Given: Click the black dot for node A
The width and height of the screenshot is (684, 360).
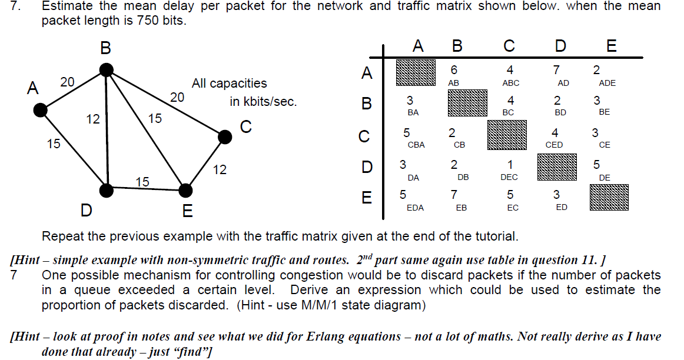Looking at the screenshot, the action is click(x=40, y=109).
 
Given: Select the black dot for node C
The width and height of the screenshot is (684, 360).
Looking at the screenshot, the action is click(x=224, y=136).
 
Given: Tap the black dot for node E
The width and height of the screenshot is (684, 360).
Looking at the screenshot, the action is click(x=185, y=190).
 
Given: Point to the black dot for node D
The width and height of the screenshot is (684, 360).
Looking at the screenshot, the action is click(x=107, y=189).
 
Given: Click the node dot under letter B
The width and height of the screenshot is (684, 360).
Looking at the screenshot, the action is click(x=106, y=70).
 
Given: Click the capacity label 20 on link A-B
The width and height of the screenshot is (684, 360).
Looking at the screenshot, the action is click(x=67, y=82).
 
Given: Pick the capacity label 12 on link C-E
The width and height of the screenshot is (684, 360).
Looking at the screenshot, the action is click(x=220, y=170).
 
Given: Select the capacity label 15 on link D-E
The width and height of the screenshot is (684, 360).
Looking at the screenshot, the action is click(x=142, y=182).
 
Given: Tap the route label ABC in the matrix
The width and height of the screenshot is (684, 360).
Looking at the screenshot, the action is click(x=511, y=84).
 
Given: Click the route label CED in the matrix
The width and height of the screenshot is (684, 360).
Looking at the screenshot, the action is click(x=554, y=145).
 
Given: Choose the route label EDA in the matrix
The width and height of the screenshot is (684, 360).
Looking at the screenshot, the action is click(x=415, y=208).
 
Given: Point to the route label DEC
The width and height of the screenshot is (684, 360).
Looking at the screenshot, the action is click(x=509, y=177).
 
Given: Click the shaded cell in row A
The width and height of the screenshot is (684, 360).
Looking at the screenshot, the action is click(x=416, y=72).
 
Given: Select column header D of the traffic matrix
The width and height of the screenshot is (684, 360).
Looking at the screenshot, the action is click(x=560, y=46).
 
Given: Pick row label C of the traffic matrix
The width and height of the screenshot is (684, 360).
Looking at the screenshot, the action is click(x=364, y=136).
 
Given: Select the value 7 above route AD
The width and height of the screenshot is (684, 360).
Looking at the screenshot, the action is click(x=556, y=70).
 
